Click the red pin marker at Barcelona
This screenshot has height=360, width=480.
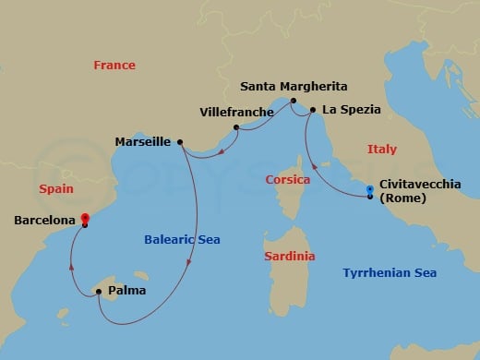[85, 220]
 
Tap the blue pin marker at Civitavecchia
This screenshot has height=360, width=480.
[370, 191]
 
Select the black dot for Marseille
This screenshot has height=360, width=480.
[179, 142]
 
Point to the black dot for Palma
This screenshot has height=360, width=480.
[98, 292]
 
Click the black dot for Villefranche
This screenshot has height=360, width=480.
[236, 127]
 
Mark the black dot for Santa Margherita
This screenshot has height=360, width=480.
[293, 101]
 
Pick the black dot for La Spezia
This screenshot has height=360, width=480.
[313, 111]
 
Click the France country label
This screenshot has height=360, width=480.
[114, 66]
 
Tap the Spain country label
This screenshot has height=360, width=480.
[56, 188]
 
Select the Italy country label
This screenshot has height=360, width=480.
[381, 149]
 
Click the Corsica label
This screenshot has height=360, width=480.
[286, 179]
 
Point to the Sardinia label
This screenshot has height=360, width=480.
[289, 256]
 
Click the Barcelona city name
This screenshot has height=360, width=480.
[44, 221]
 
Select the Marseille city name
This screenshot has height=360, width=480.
[142, 142]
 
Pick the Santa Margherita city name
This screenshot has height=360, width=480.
[294, 86]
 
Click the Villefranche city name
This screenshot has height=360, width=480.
[236, 113]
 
